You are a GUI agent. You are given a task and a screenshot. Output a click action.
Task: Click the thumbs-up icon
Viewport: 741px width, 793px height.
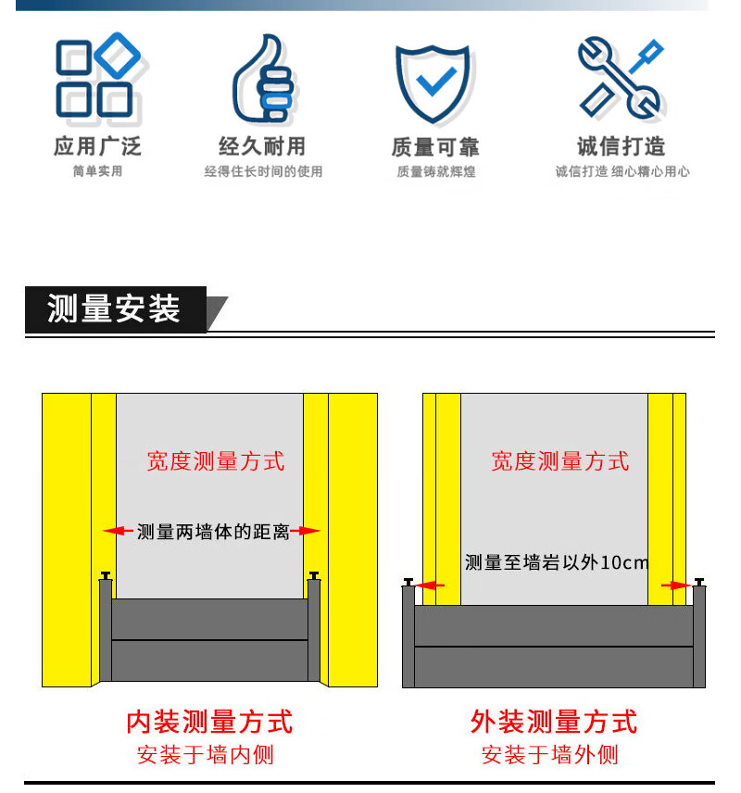[x=263, y=79]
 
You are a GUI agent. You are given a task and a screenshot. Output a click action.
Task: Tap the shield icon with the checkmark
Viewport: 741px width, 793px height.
[x=433, y=83]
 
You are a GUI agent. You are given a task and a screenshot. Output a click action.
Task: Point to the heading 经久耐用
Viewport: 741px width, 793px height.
[x=262, y=146]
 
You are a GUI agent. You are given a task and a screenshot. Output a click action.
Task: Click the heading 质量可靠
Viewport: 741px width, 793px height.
[x=435, y=147]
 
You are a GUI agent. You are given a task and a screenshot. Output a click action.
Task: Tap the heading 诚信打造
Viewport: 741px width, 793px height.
[x=622, y=146]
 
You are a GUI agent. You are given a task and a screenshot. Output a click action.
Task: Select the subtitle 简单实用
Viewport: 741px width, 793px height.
[x=97, y=171]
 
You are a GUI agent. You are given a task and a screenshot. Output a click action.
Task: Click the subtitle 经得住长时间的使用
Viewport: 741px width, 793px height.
[x=263, y=172]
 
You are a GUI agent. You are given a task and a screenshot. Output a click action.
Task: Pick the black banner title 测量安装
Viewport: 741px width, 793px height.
[x=114, y=308]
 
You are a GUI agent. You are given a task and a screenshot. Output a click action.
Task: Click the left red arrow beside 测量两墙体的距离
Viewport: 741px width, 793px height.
[x=118, y=531]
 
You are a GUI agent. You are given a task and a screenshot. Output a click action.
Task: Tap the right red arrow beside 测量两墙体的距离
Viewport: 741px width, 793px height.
[x=306, y=531]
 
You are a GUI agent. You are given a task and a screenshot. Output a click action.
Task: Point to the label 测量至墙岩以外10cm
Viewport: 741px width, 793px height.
[x=557, y=562]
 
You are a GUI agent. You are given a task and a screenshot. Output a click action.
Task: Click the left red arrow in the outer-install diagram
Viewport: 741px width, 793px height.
[x=430, y=585]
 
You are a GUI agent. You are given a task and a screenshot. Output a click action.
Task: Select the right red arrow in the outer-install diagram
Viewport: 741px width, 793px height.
[x=676, y=585]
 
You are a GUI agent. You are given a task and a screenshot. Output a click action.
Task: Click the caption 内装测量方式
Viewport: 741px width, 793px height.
[x=209, y=722]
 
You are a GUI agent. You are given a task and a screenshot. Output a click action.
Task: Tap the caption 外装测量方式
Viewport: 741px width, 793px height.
[x=554, y=722]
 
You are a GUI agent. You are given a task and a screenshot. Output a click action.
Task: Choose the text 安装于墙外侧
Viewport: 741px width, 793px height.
[x=550, y=755]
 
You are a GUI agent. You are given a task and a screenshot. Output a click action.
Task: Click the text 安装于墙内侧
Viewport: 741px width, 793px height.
[x=206, y=755]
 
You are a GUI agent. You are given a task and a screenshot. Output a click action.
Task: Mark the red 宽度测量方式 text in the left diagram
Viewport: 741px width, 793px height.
[x=216, y=461]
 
